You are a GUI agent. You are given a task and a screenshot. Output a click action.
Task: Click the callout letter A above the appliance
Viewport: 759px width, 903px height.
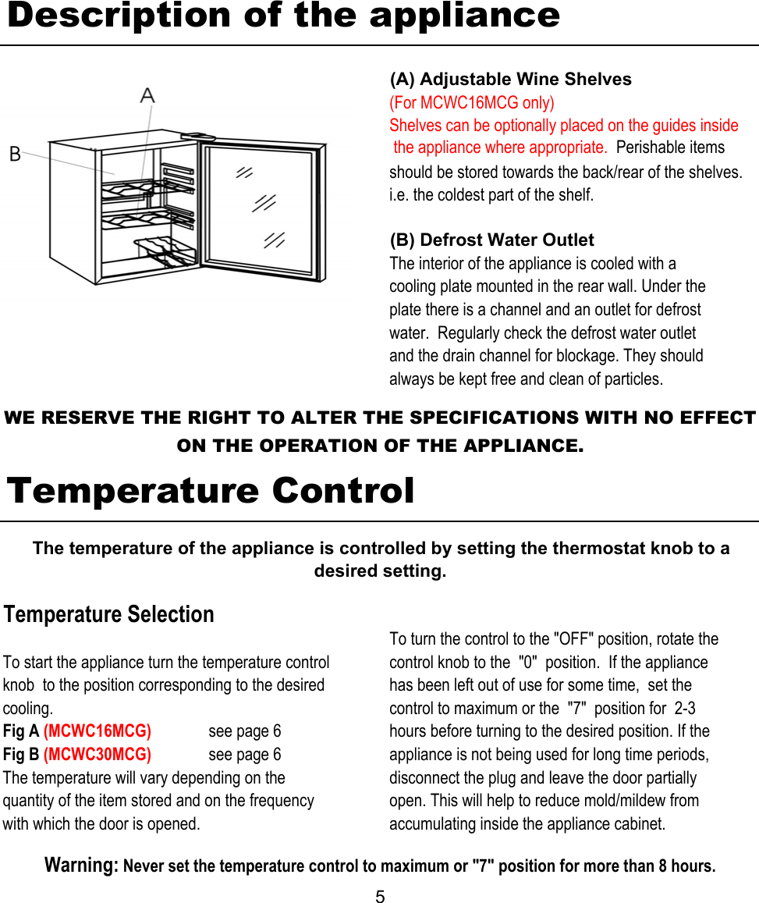pyautogui.click(x=147, y=96)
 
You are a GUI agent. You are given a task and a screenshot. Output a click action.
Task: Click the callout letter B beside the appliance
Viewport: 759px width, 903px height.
pyautogui.click(x=15, y=154)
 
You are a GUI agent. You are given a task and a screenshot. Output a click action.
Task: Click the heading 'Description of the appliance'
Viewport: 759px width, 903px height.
pyautogui.click(x=283, y=16)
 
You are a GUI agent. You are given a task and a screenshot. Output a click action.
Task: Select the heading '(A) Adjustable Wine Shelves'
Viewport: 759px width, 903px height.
pyautogui.click(x=510, y=80)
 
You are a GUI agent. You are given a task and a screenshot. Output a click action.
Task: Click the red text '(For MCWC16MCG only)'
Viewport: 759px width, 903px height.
pyautogui.click(x=472, y=103)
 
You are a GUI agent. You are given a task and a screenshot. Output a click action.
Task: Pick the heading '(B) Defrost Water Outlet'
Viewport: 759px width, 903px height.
pyautogui.click(x=491, y=240)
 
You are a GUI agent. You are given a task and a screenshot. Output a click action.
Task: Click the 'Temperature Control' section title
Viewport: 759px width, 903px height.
pyautogui.click(x=211, y=491)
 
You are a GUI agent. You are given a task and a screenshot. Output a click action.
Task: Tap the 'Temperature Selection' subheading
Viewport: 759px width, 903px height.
pyautogui.click(x=108, y=614)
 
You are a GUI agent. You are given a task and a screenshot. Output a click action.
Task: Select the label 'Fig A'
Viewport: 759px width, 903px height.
pyautogui.click(x=21, y=731)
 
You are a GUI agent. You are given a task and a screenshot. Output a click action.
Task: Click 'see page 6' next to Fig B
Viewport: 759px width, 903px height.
pyautogui.click(x=245, y=755)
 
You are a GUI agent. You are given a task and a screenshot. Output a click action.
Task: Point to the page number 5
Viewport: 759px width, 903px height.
pyautogui.click(x=380, y=896)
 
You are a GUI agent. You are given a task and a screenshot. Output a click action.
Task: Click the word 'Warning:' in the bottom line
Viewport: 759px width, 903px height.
pyautogui.click(x=81, y=866)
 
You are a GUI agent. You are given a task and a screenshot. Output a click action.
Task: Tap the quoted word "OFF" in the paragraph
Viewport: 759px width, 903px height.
pyautogui.click(x=573, y=639)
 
